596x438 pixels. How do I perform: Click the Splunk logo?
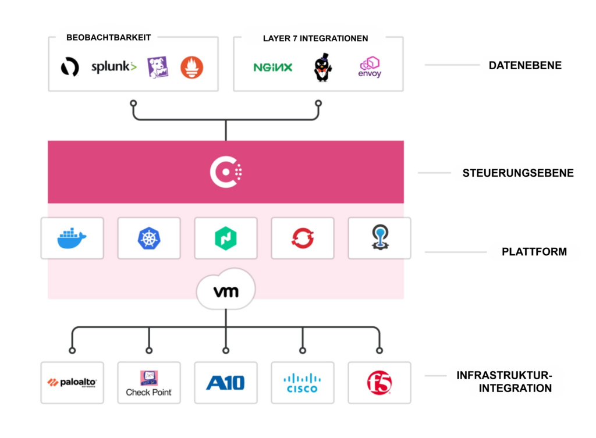point(113,67)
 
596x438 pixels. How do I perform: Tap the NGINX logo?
point(272,67)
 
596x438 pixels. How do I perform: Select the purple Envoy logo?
point(370,67)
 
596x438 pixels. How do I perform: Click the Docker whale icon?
point(72,238)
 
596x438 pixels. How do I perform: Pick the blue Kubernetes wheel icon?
point(149,238)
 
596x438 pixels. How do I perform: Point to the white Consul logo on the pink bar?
point(226,172)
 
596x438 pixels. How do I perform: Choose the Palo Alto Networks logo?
point(72,382)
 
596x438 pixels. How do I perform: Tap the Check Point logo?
point(149,383)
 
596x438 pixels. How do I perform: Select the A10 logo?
point(226,382)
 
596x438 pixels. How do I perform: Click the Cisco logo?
point(302,382)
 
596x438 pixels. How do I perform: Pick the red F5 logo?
point(379,382)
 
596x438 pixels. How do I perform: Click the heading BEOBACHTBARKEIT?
point(109,38)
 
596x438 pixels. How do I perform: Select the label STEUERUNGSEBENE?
point(518,173)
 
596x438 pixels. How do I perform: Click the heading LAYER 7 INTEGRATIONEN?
point(315,38)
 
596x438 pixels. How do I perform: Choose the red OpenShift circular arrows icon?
point(303,238)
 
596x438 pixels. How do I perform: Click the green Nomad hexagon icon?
point(226,238)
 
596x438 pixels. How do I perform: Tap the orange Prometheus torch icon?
point(191,67)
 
